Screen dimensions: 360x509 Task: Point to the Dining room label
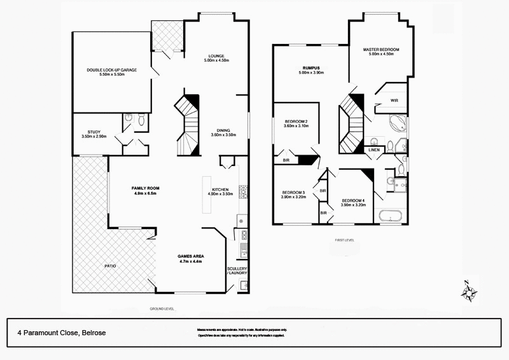tap(223, 132)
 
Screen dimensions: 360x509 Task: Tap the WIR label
tap(394, 100)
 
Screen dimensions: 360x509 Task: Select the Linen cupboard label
tap(375, 150)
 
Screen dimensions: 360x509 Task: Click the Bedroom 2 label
tap(296, 123)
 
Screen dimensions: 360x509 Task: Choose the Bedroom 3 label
tap(293, 195)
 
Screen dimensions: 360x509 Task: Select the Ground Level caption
tap(162, 308)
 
